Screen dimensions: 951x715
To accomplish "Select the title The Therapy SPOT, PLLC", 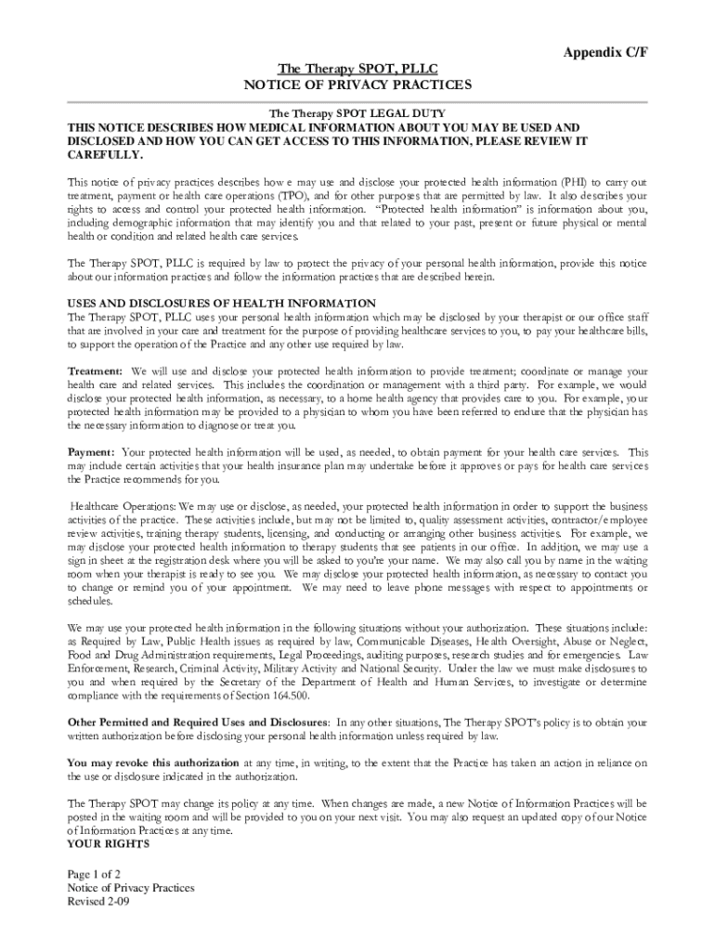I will click(357, 69).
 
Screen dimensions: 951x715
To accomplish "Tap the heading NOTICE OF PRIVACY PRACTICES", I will click(357, 85).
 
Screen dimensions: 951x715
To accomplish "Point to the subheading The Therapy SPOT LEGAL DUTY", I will click(357, 112).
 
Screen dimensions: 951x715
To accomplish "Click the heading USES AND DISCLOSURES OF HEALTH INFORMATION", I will click(222, 304).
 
